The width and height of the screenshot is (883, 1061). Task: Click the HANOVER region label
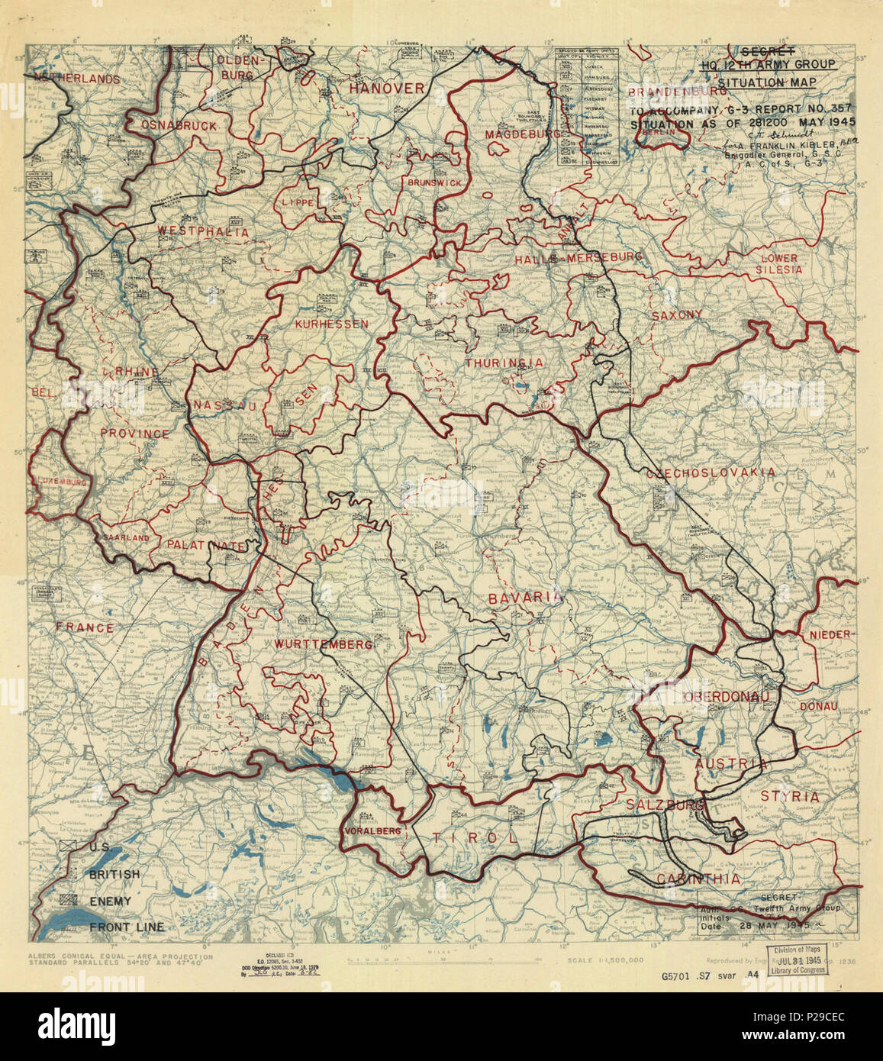point(386,89)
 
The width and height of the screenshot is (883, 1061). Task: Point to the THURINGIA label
point(504,363)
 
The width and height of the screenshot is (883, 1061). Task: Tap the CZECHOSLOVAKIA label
point(710,473)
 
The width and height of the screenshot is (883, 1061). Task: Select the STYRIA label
point(789,796)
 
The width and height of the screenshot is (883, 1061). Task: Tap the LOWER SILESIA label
point(779,263)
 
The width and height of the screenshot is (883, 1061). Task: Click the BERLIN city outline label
point(661,132)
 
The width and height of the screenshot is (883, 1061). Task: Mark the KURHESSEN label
point(331,324)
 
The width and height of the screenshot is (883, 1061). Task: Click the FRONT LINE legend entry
point(126,927)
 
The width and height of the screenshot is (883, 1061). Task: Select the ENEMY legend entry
point(110,901)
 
